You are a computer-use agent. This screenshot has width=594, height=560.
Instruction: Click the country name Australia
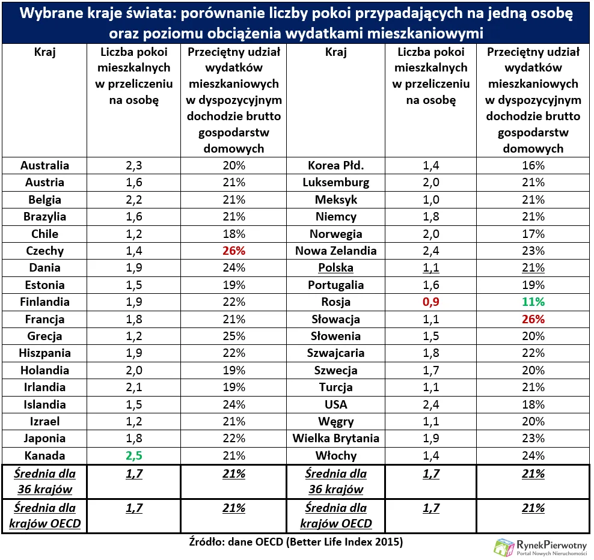(44, 165)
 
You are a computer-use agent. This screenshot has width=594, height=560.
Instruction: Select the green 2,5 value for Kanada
(133, 455)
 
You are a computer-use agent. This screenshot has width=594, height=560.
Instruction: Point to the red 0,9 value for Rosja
(431, 302)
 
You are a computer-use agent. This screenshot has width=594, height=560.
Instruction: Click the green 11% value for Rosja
(533, 302)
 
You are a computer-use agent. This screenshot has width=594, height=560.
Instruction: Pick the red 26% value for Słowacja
(533, 319)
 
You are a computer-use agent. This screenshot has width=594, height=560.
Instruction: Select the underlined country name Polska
(335, 268)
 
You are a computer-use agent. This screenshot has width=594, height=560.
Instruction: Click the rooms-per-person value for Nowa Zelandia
(431, 251)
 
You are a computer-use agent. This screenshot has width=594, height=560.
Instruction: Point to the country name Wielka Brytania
(335, 438)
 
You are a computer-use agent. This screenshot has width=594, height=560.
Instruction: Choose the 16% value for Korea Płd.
(533, 165)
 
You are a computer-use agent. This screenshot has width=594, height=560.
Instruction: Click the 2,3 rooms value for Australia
(133, 165)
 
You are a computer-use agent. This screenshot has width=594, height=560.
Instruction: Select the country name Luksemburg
(335, 182)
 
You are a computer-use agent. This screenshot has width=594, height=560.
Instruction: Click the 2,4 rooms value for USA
(431, 404)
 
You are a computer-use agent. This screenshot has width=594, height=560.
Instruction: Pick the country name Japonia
(44, 438)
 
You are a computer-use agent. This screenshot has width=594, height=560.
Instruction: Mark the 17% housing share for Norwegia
(533, 234)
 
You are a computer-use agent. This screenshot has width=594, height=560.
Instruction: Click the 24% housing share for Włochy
(533, 455)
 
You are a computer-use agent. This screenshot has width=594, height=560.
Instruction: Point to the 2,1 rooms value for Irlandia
(133, 387)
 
